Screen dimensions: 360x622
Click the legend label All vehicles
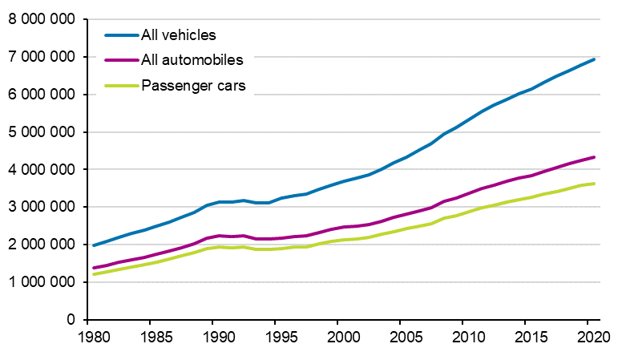[x=179, y=34]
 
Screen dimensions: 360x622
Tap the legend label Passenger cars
[x=198, y=85]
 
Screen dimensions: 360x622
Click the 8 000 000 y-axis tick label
[x=42, y=19]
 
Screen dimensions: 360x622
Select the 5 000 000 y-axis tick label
[x=42, y=132]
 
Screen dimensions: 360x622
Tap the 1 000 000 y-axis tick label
[x=42, y=282]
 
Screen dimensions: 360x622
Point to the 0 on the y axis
[x=71, y=320]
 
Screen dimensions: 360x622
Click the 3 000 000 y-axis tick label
[x=42, y=207]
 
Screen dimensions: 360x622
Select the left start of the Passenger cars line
[x=93, y=274]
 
